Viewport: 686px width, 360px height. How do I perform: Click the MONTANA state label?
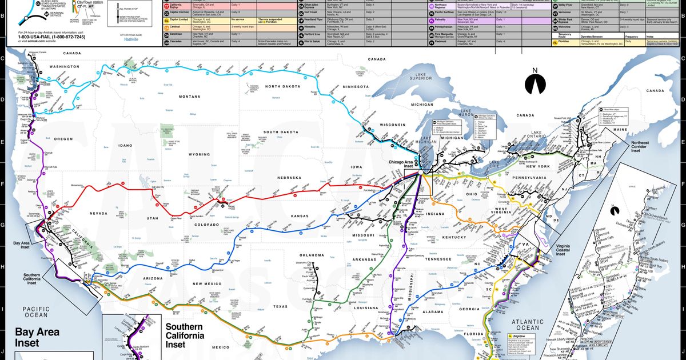pyautogui.click(x=190, y=96)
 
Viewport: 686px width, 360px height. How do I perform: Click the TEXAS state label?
pyautogui.click(x=280, y=306)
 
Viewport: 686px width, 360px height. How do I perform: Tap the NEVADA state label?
pyautogui.click(x=98, y=214)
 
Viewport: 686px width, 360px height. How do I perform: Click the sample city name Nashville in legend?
pyautogui.click(x=131, y=39)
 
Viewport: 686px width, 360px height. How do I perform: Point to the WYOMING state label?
pyautogui.click(x=200, y=154)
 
